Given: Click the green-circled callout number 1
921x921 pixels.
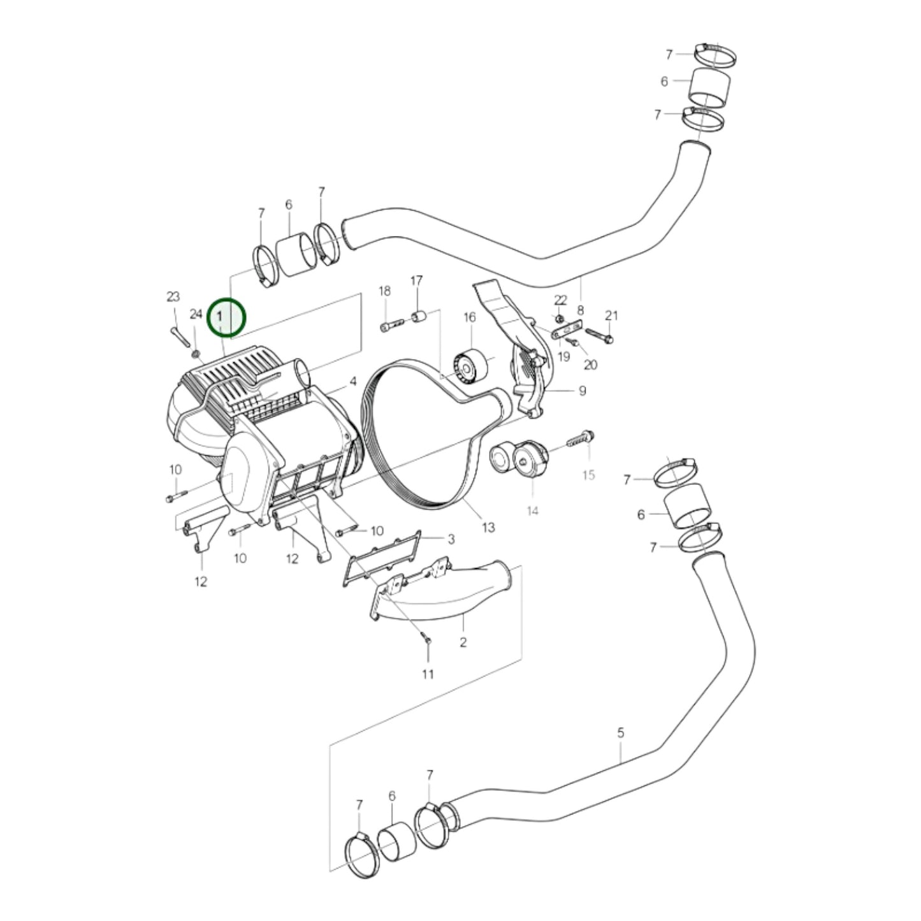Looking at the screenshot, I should [x=221, y=316].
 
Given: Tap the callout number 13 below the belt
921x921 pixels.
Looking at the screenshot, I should [x=488, y=527].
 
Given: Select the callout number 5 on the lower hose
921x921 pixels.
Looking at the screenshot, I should [x=621, y=733].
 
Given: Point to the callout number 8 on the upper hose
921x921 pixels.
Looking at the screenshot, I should [x=581, y=310].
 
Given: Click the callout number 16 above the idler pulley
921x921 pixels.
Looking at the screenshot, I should [x=470, y=317].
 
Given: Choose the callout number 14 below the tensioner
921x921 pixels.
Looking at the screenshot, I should [x=533, y=511].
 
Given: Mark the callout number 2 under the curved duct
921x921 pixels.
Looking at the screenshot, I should [x=463, y=642].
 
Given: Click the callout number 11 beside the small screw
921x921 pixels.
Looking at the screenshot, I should [x=428, y=674].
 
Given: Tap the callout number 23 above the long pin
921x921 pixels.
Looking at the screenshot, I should [x=173, y=296].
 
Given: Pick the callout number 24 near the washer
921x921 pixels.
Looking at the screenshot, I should [x=196, y=314].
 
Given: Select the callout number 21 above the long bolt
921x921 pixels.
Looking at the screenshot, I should [x=611, y=315].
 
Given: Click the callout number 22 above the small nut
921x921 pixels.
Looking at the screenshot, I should [x=560, y=300].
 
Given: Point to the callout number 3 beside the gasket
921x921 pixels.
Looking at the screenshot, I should [x=451, y=540].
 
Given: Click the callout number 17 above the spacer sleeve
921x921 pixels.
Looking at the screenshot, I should [x=416, y=280].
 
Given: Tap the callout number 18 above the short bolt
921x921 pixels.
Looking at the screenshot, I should [x=384, y=291].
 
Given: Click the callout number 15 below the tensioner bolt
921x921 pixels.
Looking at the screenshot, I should [x=588, y=475].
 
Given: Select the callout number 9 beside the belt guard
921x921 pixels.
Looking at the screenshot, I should [x=583, y=391].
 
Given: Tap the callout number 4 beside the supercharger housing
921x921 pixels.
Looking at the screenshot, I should [x=352, y=383].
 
